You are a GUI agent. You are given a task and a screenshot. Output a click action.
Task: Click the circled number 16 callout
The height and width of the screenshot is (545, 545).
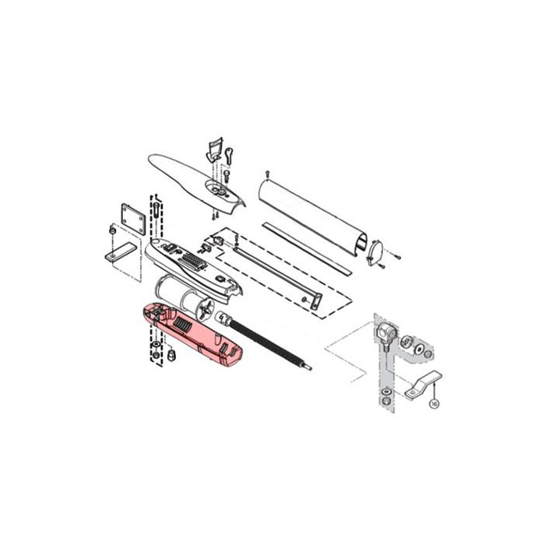tap(434, 403)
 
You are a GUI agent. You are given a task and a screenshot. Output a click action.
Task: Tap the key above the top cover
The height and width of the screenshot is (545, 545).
tap(230, 155)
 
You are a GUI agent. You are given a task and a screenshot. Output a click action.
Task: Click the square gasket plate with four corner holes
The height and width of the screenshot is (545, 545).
tap(133, 220)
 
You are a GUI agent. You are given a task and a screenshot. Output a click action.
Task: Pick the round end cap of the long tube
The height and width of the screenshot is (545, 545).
tap(375, 253)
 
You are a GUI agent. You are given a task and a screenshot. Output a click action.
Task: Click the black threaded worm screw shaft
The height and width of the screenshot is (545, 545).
tap(270, 345)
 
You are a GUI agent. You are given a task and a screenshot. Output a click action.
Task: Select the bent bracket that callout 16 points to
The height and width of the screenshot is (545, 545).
tap(423, 385)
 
